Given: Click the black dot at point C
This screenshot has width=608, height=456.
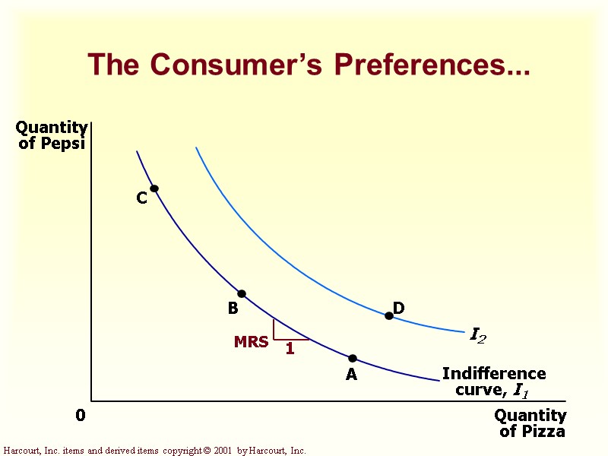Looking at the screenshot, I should click(x=154, y=188).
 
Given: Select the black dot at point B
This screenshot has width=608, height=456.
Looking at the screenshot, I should click(x=242, y=294).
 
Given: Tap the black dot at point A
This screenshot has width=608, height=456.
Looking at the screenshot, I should click(x=353, y=358).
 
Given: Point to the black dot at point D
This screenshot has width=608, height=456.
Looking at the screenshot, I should click(x=389, y=315).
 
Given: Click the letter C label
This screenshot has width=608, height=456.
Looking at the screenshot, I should click(x=141, y=198).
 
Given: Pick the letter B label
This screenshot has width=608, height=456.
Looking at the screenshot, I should click(x=233, y=309).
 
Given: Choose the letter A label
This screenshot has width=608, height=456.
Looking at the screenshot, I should click(x=351, y=375).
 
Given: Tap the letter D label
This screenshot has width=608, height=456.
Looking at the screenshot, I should click(x=398, y=308).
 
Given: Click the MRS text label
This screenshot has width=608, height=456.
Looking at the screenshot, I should click(x=251, y=343).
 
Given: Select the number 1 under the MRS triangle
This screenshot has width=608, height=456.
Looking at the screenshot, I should click(x=290, y=350).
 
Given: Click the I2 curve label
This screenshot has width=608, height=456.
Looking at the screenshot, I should click(x=478, y=335).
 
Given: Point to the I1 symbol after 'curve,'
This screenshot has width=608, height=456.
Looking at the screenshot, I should click(x=521, y=391).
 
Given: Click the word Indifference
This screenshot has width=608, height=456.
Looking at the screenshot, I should click(x=494, y=374).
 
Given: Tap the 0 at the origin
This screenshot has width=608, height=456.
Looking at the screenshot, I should click(x=81, y=416).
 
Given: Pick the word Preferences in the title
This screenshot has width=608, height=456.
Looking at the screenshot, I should click(x=432, y=65).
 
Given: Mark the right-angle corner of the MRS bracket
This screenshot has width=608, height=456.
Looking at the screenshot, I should click(x=274, y=339).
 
